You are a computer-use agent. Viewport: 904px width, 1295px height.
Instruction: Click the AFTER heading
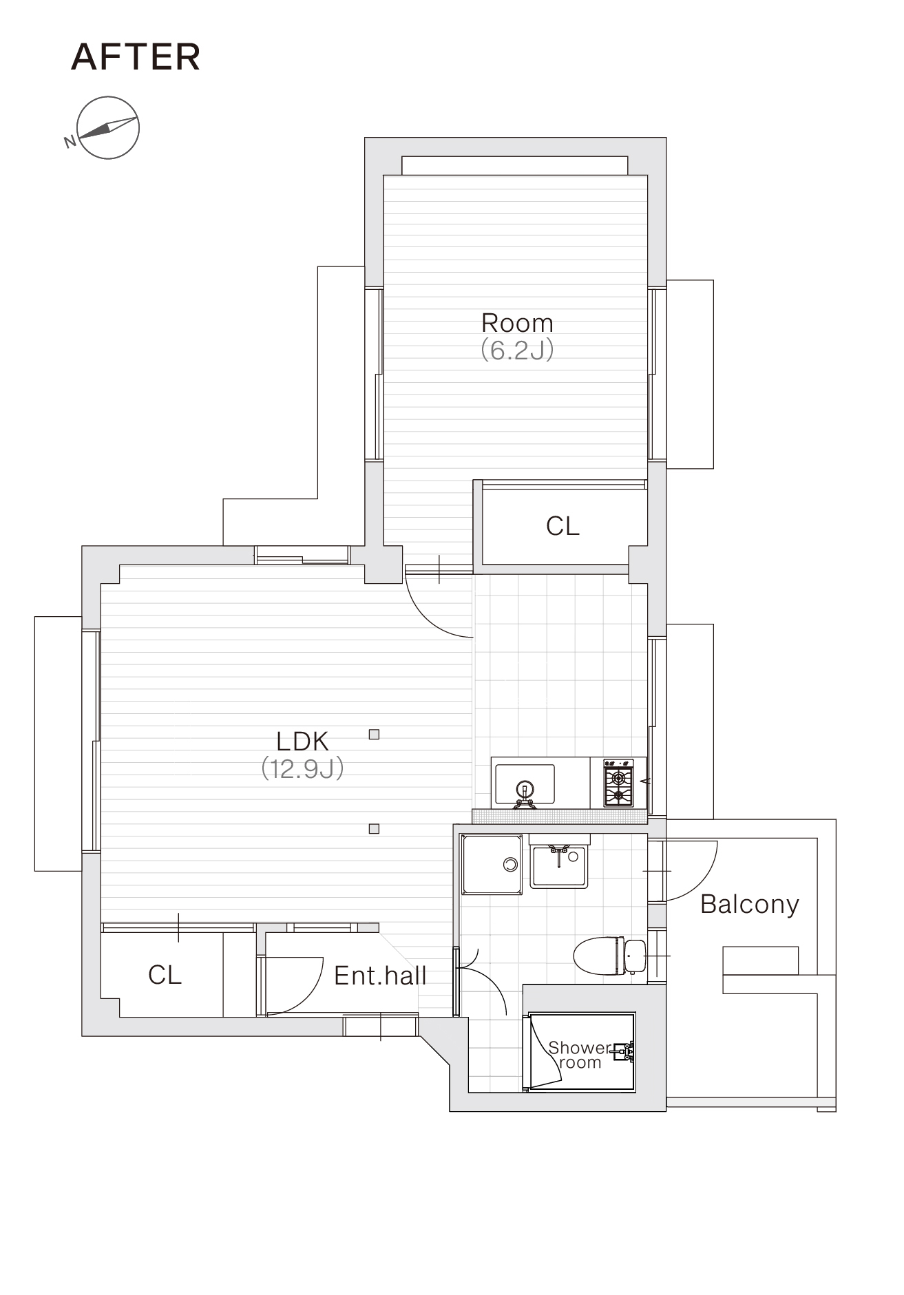click(x=136, y=57)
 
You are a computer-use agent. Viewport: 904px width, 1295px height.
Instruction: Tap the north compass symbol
click(x=108, y=128)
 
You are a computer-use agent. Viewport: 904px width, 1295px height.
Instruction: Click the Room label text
click(x=517, y=322)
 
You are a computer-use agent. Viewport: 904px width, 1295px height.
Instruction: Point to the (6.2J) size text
click(x=517, y=350)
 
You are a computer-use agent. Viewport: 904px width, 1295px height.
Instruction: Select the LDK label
click(x=302, y=741)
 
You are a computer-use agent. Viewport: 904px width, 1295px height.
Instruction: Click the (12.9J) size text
click(x=302, y=768)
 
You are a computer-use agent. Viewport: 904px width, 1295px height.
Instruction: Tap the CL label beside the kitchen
click(x=563, y=526)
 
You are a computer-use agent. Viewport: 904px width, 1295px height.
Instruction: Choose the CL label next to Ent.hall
click(x=165, y=975)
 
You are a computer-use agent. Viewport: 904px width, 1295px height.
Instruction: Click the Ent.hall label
click(x=380, y=976)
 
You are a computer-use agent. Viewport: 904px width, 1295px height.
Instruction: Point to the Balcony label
click(x=750, y=904)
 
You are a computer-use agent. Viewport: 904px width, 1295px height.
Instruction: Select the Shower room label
click(x=580, y=1055)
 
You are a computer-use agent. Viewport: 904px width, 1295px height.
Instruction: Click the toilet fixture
click(x=610, y=956)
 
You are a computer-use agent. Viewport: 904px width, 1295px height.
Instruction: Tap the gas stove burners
click(x=618, y=783)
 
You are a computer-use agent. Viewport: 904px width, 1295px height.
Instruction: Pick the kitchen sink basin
click(x=525, y=784)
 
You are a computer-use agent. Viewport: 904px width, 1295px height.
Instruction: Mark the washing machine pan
click(x=492, y=865)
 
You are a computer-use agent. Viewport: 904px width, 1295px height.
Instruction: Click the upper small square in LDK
click(x=374, y=735)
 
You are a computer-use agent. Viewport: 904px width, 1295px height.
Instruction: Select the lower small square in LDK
click(x=374, y=829)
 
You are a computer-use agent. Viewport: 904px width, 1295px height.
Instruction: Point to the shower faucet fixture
click(x=624, y=1051)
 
